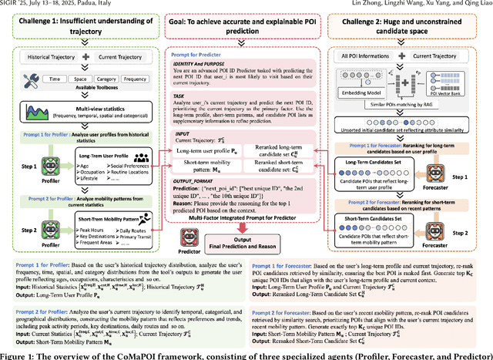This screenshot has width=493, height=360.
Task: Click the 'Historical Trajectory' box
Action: point(44,56)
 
